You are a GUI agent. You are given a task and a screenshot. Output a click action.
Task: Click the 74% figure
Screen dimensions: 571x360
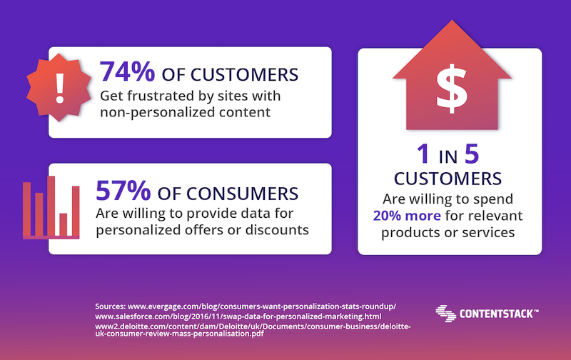128,71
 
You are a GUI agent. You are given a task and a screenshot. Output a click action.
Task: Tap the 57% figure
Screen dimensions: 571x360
123,191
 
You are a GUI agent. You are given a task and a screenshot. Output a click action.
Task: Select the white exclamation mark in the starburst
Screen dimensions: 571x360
60,89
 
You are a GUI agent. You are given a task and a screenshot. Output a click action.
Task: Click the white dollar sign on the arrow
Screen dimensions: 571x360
452,89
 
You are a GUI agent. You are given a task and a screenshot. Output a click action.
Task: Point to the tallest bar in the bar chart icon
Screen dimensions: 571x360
51,206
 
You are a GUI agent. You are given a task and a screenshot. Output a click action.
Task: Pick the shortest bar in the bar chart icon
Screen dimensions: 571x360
64,224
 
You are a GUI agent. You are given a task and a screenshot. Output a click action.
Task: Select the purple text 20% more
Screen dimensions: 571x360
407,216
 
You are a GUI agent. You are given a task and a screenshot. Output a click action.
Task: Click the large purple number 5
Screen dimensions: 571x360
472,154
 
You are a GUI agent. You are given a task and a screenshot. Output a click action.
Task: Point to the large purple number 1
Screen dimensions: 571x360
423,154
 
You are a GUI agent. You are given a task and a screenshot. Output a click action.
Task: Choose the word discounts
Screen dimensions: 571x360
277,230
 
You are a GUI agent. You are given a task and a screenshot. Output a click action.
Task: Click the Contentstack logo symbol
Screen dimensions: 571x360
445,314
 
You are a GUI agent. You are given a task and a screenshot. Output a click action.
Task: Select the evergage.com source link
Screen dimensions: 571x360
262,306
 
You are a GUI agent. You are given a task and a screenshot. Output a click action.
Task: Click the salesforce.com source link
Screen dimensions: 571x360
238,316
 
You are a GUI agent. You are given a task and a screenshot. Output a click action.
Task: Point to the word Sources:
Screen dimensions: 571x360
111,306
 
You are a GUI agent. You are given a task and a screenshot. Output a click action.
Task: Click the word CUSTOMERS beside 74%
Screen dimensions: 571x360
244,75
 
